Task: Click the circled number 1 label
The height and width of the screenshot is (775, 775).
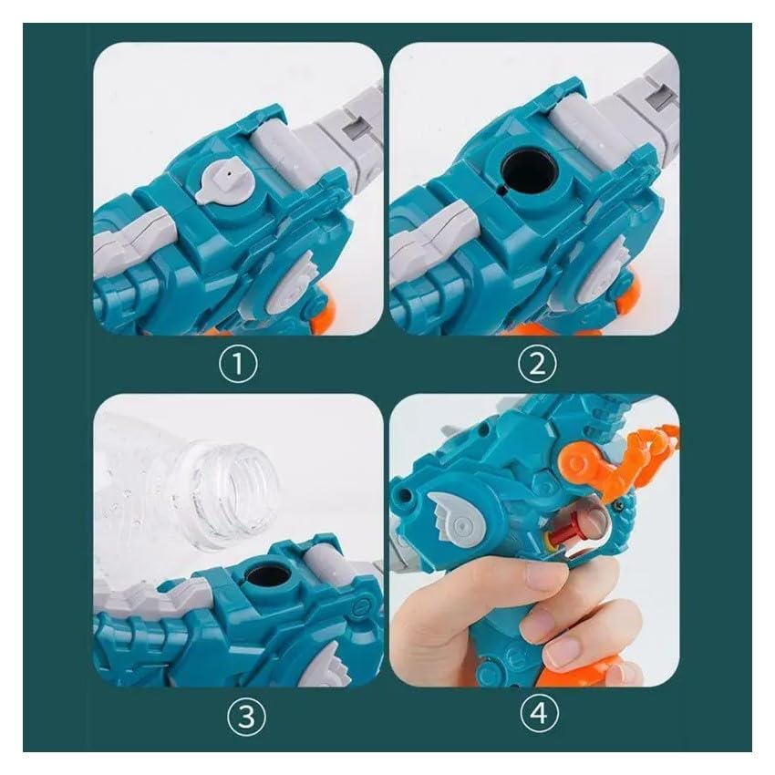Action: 238,364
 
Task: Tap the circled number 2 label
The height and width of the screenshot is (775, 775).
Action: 537,364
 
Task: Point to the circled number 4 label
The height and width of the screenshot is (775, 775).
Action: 539,713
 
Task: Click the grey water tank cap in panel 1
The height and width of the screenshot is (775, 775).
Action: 225,181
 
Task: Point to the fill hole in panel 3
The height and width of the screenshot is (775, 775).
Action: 267,579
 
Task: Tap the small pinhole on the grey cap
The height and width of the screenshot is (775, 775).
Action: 228,174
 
